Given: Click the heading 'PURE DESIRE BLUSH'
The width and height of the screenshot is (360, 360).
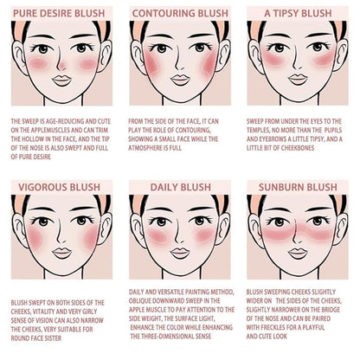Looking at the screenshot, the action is click(59, 13).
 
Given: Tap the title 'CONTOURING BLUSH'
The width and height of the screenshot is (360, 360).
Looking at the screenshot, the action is click(180, 13).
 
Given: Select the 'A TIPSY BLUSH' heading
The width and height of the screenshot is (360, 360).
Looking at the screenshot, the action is click(298, 13).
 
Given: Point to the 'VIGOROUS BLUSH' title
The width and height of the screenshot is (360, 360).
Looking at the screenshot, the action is click(59, 187).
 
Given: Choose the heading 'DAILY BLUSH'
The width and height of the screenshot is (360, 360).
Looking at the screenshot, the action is click(181, 187).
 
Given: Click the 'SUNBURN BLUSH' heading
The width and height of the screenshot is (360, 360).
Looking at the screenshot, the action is click(298, 187).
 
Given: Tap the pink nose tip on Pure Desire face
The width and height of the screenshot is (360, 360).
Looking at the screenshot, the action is click(61, 66).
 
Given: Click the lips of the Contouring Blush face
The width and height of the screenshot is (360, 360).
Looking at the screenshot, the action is click(180, 80).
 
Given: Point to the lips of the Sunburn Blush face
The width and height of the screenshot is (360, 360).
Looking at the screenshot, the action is click(298, 254).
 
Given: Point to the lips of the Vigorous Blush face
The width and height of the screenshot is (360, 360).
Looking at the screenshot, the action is click(61, 254).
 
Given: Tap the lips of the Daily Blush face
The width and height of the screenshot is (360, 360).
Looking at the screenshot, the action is click(180, 254).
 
